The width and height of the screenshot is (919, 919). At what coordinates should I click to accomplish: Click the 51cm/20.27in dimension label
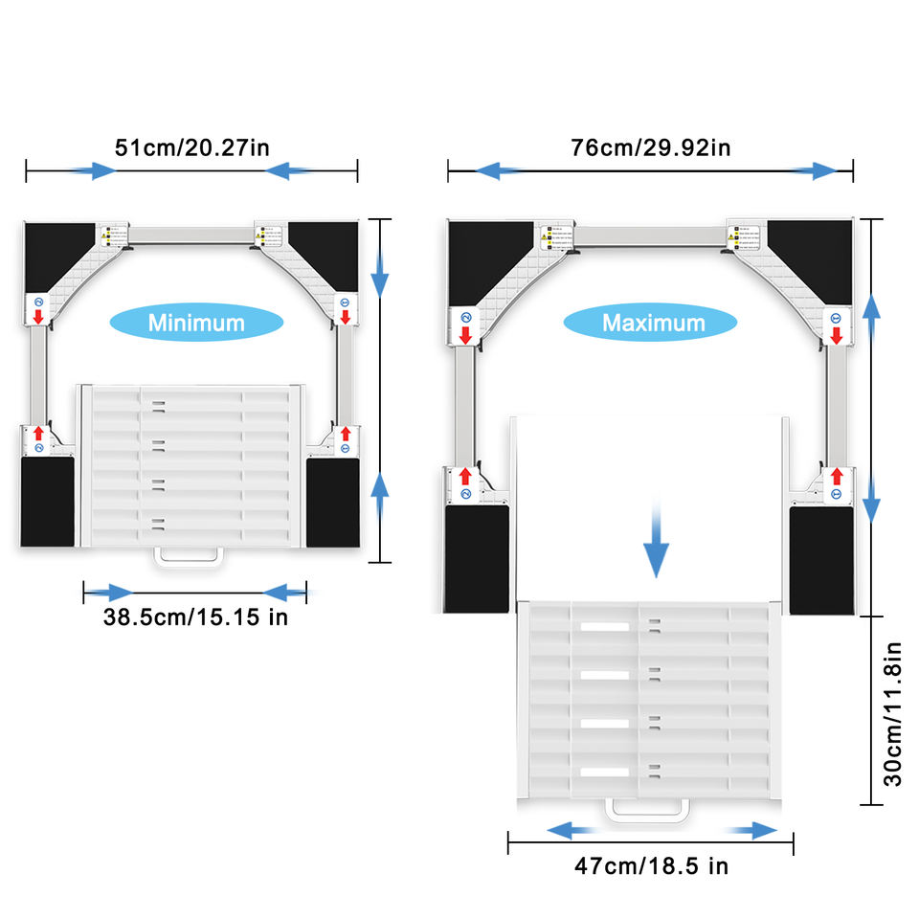pos(191,148)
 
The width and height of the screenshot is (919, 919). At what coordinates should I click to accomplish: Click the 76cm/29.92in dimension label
pos(651,148)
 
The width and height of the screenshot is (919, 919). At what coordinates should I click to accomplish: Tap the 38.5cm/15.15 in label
pos(195,616)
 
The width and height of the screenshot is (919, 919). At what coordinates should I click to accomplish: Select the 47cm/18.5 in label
pos(651,866)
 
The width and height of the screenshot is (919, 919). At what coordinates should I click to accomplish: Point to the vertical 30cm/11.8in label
pos(892,712)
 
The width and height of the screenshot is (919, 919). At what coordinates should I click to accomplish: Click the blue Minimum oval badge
pos(196,323)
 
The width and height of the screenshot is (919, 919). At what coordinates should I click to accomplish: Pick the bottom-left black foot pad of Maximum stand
pos(477,559)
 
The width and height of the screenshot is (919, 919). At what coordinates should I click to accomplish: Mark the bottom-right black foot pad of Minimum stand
pos(333,502)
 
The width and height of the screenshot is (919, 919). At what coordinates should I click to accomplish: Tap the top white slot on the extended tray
pos(605,627)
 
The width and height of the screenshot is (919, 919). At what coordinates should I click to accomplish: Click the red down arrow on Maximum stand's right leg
pos(836,335)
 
